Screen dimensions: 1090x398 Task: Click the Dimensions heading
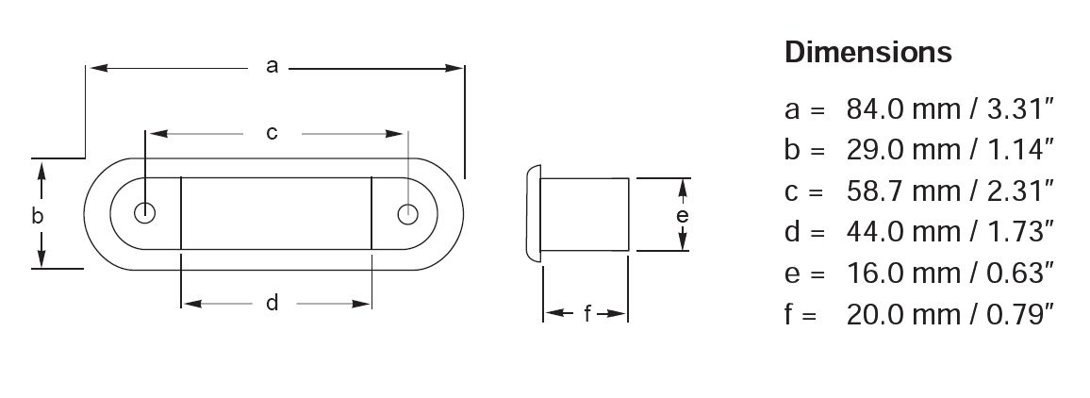click(868, 52)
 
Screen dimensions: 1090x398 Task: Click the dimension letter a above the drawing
click(272, 67)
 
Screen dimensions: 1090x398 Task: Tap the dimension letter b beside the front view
click(38, 216)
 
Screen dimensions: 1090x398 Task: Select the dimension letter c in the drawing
click(272, 133)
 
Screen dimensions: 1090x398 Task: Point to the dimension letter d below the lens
click(272, 303)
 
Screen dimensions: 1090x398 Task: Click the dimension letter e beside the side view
click(683, 216)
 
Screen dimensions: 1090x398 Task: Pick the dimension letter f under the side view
click(587, 314)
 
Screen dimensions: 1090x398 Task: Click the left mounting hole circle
click(144, 213)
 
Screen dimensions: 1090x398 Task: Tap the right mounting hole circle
click(408, 213)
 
